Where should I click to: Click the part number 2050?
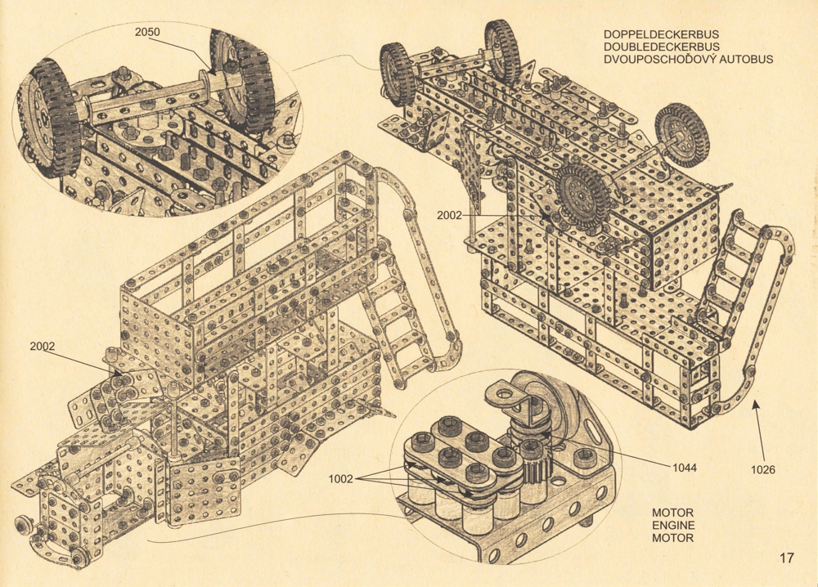[147, 33]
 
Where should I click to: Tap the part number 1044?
[684, 468]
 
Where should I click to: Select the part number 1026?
[762, 470]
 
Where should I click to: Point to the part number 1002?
[340, 479]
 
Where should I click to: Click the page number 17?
[787, 558]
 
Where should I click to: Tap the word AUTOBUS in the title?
[746, 60]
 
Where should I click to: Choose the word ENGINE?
[673, 526]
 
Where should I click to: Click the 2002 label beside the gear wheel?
[449, 215]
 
